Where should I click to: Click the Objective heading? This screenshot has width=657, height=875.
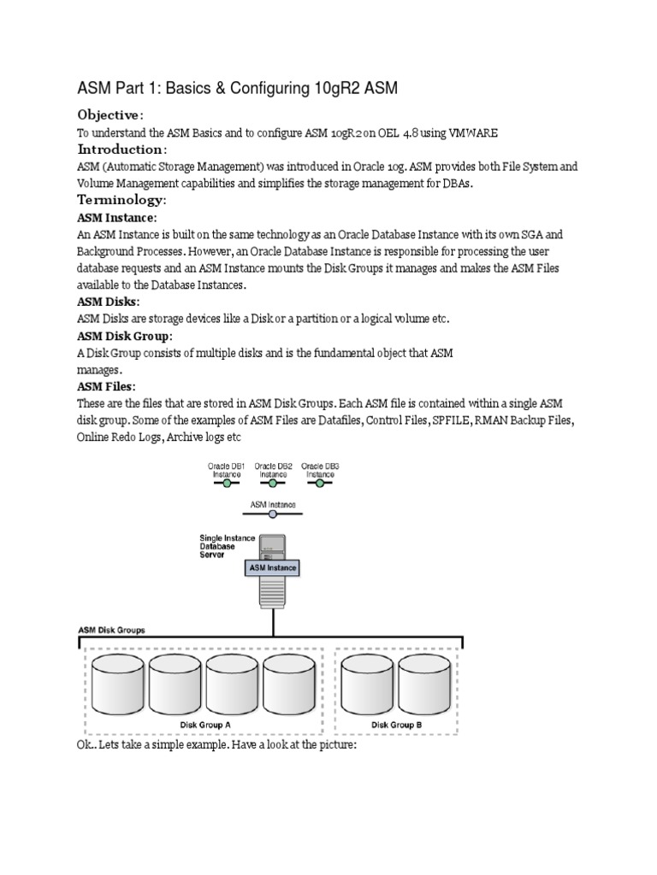click(110, 115)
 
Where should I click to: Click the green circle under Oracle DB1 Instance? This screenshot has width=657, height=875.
click(227, 483)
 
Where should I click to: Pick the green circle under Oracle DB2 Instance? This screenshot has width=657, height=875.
click(274, 483)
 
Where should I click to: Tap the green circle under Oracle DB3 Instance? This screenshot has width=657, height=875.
click(320, 483)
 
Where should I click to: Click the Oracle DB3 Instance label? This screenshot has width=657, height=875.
click(321, 469)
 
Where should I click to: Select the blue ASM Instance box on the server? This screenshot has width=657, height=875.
click(273, 566)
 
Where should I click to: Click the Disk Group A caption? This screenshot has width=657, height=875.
click(204, 725)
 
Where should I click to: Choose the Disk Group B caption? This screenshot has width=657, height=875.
click(396, 725)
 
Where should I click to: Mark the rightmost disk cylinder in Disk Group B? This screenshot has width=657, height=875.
click(425, 684)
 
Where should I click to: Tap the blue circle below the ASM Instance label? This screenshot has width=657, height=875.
click(273, 514)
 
